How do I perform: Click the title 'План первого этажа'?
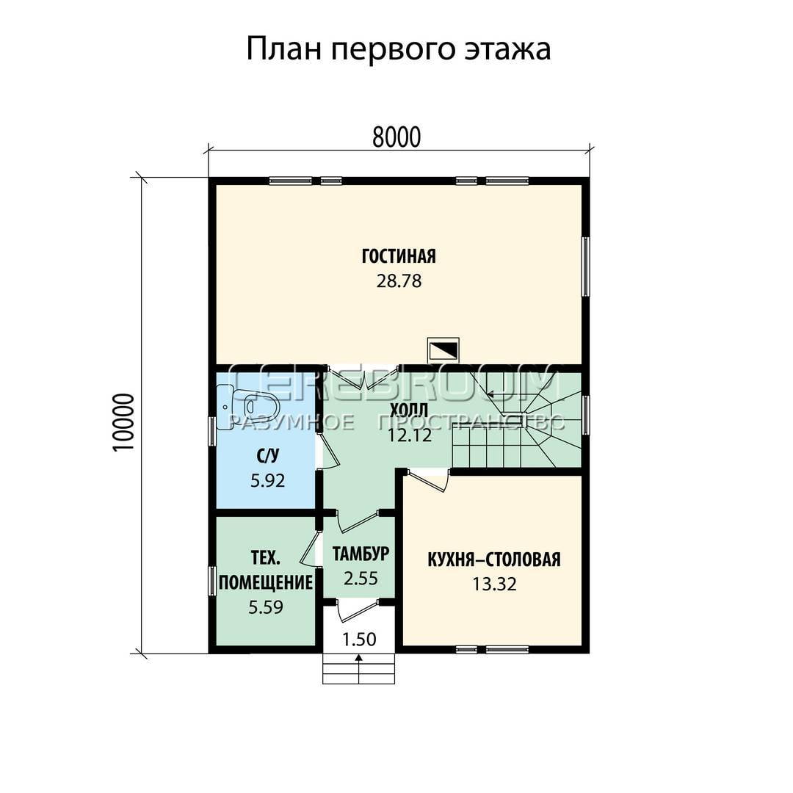pyautogui.click(x=398, y=50)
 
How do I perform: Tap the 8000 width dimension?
pyautogui.click(x=396, y=137)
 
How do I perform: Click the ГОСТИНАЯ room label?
pyautogui.click(x=399, y=256)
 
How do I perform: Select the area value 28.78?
pyautogui.click(x=399, y=280)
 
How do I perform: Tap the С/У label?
pyautogui.click(x=267, y=457)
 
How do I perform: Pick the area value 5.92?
pyautogui.click(x=267, y=480)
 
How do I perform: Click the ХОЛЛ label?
pyautogui.click(x=409, y=410)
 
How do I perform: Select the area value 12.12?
pyautogui.click(x=410, y=435)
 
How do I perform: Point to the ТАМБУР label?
pyautogui.click(x=361, y=554)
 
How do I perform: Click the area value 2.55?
pyautogui.click(x=361, y=578)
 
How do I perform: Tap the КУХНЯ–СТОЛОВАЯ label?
pyautogui.click(x=494, y=560)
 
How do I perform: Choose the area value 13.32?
pyautogui.click(x=495, y=584)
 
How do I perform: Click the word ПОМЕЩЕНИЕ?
pyautogui.click(x=266, y=582)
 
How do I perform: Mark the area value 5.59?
pyautogui.click(x=266, y=607)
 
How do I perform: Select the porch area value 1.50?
pyautogui.click(x=359, y=640)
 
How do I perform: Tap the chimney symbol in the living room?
pyautogui.click(x=443, y=350)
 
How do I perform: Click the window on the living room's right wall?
pyautogui.click(x=586, y=267)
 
